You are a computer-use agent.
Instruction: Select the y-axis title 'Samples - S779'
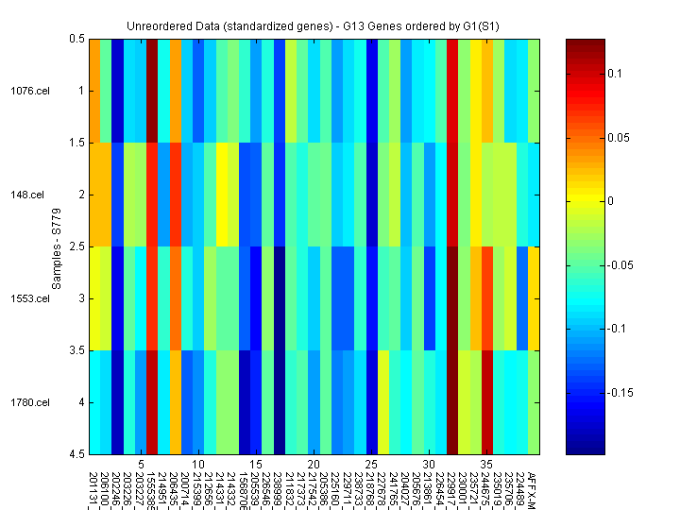click(57, 246)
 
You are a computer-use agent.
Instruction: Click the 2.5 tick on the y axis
click(76, 246)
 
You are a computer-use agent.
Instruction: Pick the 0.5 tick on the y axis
click(76, 39)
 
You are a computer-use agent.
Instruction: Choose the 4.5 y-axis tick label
click(76, 454)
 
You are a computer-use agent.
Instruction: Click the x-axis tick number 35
click(486, 465)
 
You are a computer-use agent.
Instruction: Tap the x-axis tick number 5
click(141, 465)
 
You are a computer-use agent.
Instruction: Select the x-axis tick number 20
click(314, 465)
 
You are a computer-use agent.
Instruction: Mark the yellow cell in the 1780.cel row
click(383, 402)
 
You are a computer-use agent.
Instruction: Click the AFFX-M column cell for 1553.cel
click(534, 298)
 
